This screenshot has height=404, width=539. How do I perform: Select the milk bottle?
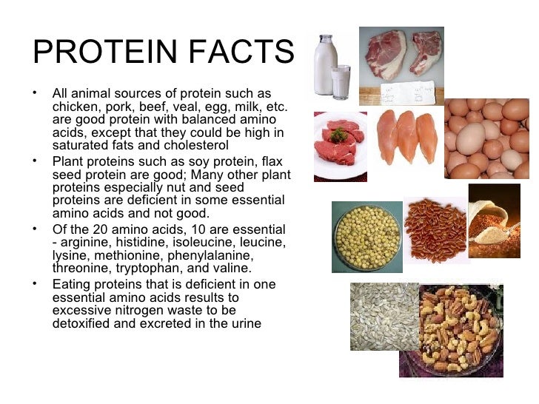[324, 67]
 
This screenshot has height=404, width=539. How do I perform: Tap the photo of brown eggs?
[487, 138]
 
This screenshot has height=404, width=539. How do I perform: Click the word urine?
[244, 323]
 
